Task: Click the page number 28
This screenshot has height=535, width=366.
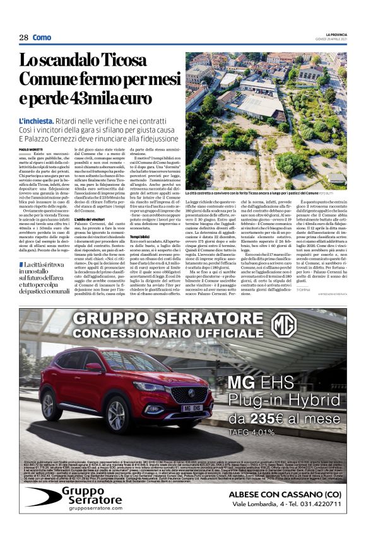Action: point(24,38)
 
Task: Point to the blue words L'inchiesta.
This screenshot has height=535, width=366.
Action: point(37,120)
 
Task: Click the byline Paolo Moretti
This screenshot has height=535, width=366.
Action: point(32,149)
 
